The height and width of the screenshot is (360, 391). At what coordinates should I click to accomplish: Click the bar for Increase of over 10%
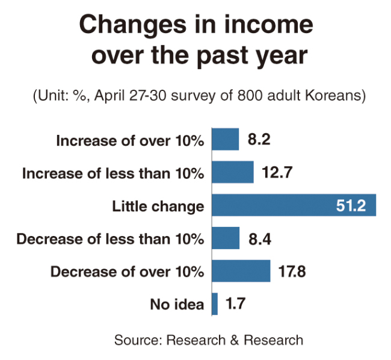[x=226, y=139]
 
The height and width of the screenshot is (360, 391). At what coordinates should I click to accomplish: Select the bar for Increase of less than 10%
[x=233, y=172]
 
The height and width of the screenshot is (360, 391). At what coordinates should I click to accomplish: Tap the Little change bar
[x=294, y=205]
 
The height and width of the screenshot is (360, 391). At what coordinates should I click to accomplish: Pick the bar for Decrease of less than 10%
[x=226, y=238]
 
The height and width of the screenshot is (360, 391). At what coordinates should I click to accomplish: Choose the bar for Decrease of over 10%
[x=241, y=271]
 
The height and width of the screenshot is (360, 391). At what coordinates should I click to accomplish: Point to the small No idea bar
[x=215, y=304]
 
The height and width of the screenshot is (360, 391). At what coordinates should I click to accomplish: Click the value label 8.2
[x=259, y=139]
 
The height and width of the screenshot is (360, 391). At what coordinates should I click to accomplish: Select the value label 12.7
[x=277, y=172]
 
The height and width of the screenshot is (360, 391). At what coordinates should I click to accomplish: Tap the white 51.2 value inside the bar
[x=351, y=205]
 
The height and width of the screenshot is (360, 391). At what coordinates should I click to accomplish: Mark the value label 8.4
[x=260, y=239]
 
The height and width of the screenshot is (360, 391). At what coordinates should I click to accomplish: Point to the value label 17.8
[x=292, y=272]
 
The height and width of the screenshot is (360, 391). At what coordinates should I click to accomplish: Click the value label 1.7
[x=235, y=303]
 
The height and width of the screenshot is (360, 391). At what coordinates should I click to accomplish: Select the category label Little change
[x=158, y=207]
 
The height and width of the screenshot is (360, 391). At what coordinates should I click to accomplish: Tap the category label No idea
[x=177, y=305]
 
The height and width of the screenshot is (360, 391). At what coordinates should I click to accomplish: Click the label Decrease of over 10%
[x=127, y=272]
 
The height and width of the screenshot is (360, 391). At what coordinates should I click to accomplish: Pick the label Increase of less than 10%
[x=113, y=173]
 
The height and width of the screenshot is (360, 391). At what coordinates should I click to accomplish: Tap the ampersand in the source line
[x=235, y=340]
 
